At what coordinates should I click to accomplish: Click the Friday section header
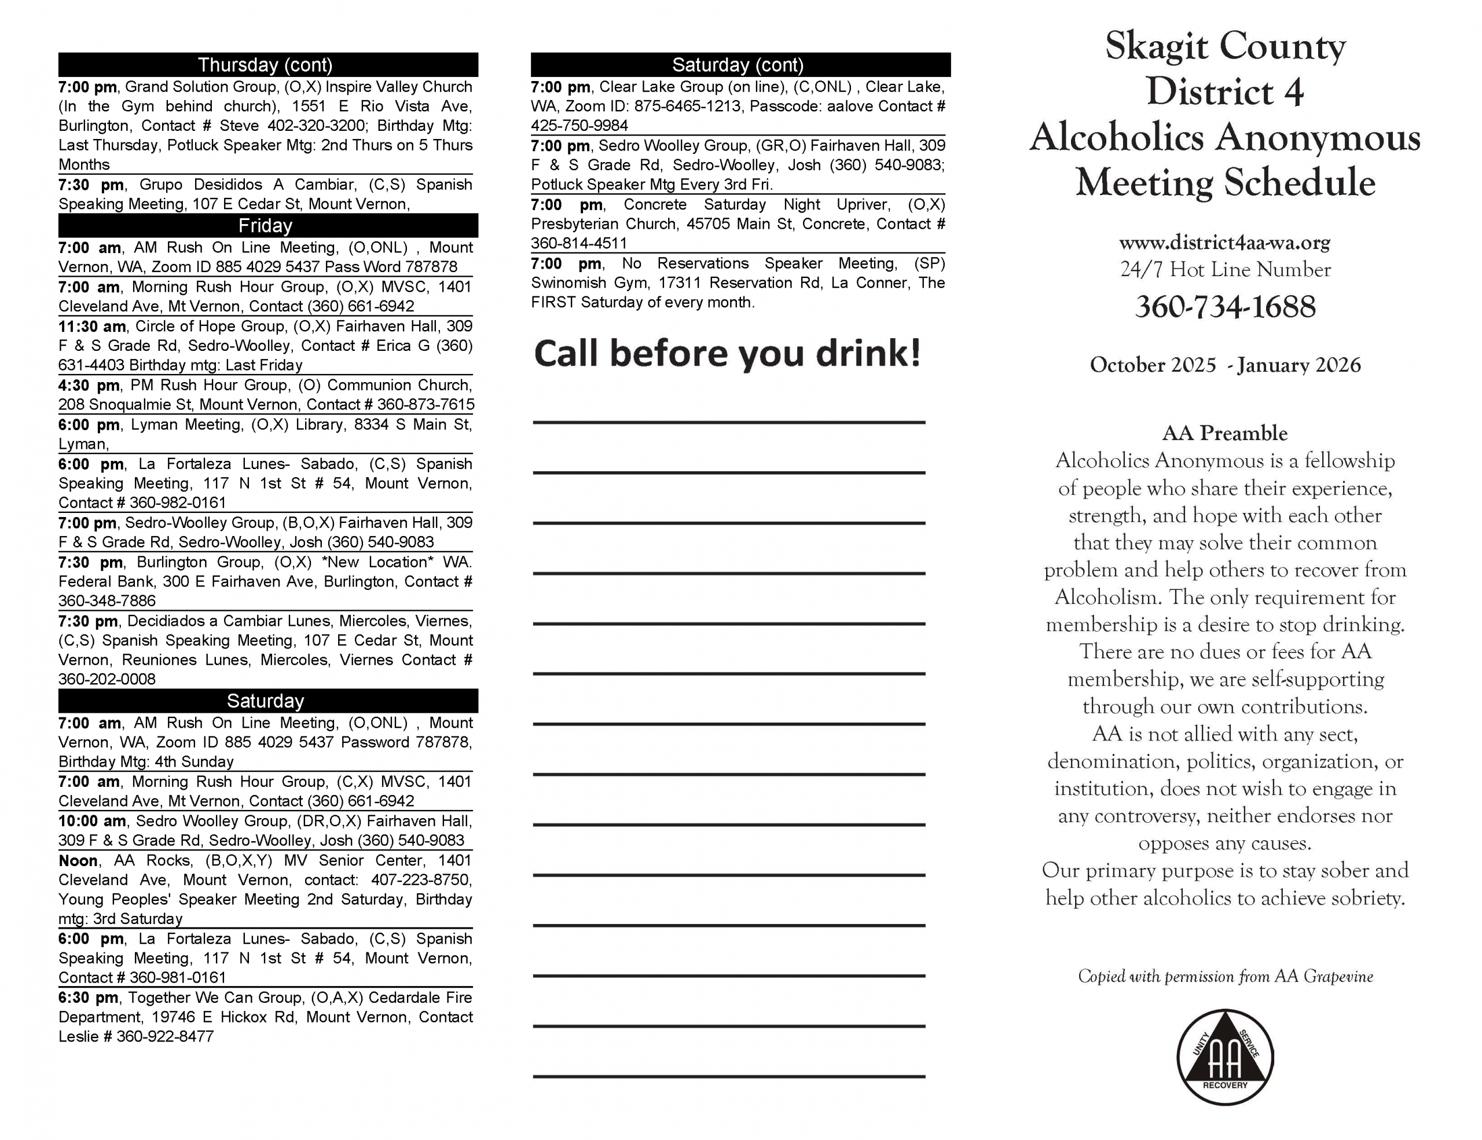(265, 225)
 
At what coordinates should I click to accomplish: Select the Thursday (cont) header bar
(265, 64)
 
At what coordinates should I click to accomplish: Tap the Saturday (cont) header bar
(738, 64)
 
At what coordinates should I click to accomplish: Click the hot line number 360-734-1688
(1225, 307)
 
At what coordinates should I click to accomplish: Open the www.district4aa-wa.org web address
(1225, 242)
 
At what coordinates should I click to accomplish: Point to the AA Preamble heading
(1225, 433)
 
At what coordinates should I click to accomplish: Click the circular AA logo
(1225, 1057)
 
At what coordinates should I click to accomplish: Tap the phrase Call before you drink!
(728, 353)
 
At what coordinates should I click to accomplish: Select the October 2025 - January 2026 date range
(1225, 365)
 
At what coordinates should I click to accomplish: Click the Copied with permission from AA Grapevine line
(1225, 977)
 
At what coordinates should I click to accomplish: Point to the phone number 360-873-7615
(425, 405)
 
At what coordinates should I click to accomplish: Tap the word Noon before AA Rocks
(78, 860)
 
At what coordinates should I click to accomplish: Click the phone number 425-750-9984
(579, 126)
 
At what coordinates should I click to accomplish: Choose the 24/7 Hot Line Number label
(1225, 269)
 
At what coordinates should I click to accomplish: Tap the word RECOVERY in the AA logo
(1225, 1085)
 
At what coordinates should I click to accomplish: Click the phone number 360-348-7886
(107, 601)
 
